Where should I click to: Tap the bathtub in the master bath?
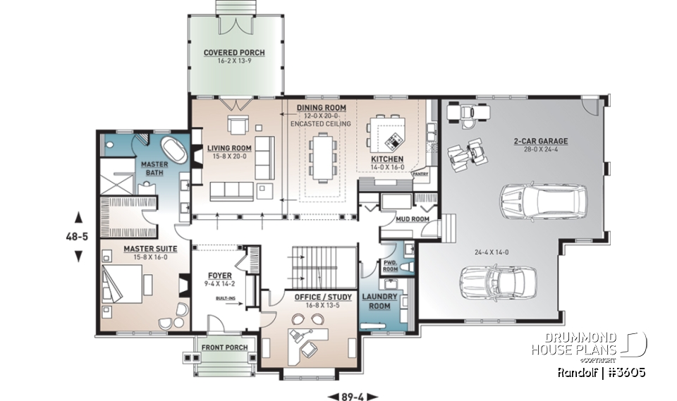point(172,151)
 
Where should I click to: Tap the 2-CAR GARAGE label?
point(541,141)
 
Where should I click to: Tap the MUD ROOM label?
point(398,219)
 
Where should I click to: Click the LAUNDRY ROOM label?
point(380,301)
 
